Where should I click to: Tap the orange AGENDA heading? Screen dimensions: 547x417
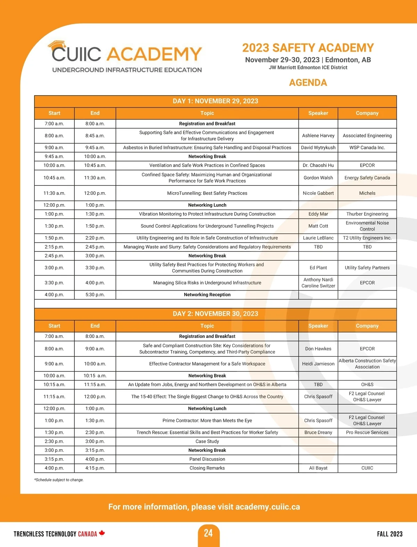pos(308,83)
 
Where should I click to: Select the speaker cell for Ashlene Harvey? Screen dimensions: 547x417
pos(318,136)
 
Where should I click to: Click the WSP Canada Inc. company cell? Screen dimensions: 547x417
pos(367,148)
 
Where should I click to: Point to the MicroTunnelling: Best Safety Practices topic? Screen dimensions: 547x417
pos(207,193)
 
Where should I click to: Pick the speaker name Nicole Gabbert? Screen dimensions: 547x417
pos(318,193)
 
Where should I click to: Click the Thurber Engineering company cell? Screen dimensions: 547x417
pos(367,214)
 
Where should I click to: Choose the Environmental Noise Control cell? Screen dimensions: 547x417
pos(367,226)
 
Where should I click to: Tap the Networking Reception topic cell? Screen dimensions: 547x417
pos(207,295)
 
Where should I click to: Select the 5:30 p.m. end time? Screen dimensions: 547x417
pos(95,295)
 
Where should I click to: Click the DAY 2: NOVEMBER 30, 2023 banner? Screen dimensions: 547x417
pos(215,314)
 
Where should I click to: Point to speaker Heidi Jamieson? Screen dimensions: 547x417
pos(318,364)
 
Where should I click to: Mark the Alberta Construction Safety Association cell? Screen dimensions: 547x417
pos(367,364)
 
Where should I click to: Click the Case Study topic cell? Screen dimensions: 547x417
pos(207,441)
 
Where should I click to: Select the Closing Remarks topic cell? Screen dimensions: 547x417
pos(207,468)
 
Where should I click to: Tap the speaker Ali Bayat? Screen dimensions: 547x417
pos(318,468)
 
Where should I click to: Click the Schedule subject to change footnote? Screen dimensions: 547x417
pos(59,480)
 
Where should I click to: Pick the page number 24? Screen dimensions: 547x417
pos(208,533)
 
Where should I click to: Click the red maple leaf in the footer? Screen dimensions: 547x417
pos(102,533)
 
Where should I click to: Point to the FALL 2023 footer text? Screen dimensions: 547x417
pos(390,534)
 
